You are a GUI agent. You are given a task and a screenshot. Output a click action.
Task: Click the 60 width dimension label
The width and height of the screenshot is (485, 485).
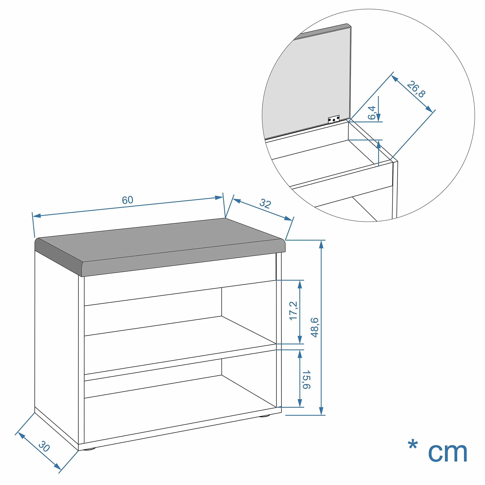click(128, 200)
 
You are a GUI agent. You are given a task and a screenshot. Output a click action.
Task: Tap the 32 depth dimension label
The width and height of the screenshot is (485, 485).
click(265, 204)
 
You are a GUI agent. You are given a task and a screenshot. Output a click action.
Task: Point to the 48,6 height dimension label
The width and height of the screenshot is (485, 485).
click(314, 327)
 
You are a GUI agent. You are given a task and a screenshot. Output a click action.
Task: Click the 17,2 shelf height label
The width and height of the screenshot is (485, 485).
click(293, 311)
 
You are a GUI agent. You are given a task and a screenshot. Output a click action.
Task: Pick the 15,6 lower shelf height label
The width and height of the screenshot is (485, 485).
click(306, 379)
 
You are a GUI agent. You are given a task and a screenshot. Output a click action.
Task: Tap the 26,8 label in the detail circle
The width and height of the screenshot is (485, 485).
click(416, 89)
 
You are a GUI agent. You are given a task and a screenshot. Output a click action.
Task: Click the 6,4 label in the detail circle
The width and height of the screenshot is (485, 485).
click(372, 113)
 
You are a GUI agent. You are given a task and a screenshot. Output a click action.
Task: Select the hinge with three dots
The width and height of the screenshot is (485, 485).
click(334, 119)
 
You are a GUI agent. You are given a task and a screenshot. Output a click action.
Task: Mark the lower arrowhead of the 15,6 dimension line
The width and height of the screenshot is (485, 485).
click(300, 403)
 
